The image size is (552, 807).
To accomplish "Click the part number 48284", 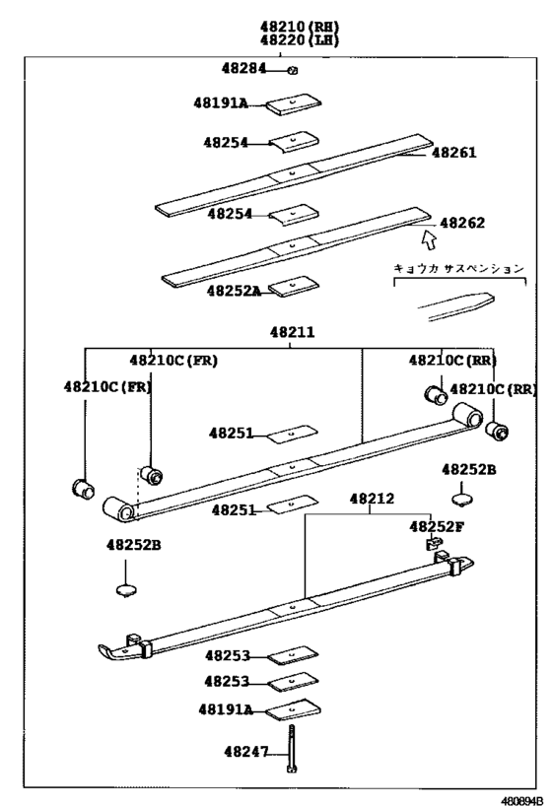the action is (244, 68).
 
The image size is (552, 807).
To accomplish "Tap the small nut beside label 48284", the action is (293, 71).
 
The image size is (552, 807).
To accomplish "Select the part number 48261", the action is (453, 153).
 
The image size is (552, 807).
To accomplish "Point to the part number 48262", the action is (462, 223).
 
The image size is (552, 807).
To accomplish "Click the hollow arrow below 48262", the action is (429, 239).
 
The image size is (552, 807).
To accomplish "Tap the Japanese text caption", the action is (458, 268).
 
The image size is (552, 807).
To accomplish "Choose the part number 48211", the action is (292, 332).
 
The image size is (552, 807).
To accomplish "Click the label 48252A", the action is (234, 291).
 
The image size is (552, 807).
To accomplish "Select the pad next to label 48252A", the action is (294, 286).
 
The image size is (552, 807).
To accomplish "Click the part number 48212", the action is (372, 499).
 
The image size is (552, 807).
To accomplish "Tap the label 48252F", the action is (436, 526).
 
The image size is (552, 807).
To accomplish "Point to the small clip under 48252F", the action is (434, 543).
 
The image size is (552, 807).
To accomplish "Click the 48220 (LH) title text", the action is (300, 39).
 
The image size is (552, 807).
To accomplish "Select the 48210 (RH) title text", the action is (300, 27).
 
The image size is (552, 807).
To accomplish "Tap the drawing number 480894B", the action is (522, 801).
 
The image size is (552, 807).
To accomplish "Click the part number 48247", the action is (246, 752).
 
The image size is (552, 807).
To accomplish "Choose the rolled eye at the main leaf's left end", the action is (119, 508).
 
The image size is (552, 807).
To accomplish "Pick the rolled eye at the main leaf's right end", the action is (468, 415).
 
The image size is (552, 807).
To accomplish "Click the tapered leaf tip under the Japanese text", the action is (456, 306).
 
